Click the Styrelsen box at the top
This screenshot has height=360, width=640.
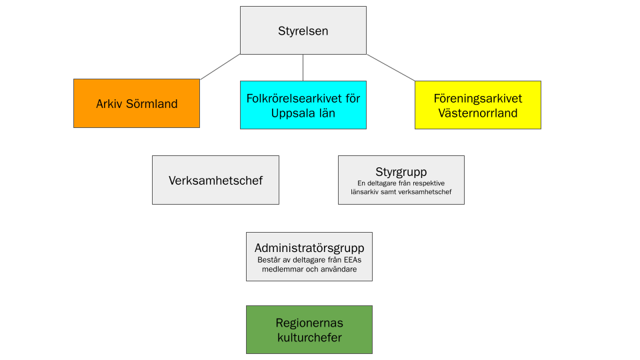(303, 31)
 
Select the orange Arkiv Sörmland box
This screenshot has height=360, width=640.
(137, 103)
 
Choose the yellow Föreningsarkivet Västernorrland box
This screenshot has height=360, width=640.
(477, 105)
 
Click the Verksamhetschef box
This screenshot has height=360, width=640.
(215, 180)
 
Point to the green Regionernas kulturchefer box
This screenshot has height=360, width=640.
(309, 329)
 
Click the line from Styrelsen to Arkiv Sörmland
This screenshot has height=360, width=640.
(220, 67)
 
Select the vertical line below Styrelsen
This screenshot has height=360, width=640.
(303, 67)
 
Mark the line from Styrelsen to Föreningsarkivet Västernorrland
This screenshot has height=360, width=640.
(391, 67)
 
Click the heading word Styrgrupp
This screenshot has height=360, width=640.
(401, 172)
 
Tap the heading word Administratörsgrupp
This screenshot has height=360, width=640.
(309, 248)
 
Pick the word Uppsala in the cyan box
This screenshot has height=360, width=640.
(291, 113)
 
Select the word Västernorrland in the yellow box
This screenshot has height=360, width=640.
(478, 113)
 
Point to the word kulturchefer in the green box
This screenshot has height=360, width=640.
(309, 337)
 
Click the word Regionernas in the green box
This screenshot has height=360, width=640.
(309, 323)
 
